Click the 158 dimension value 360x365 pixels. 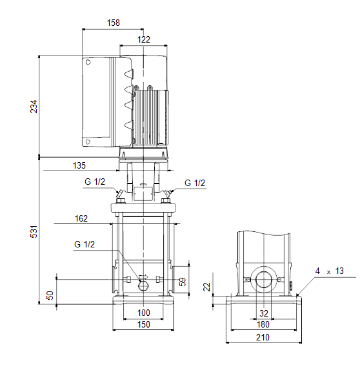coord(114,23)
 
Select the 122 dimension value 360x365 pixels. coord(144,39)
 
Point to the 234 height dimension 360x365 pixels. coord(34,107)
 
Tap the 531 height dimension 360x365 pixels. coord(34,232)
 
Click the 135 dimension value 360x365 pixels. coord(79,165)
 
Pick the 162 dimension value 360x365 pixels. coord(81,218)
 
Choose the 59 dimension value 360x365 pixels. coord(183,282)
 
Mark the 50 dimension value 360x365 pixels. coord(50,295)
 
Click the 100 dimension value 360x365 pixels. coord(144,313)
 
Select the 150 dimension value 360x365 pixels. coord(144,324)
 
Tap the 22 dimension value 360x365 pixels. coord(206,287)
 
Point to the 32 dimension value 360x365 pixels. coord(264,313)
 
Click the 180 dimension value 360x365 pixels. coord(263,324)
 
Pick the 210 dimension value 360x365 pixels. coord(263,337)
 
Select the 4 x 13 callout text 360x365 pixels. coord(329,271)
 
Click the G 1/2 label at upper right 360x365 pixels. coord(195,183)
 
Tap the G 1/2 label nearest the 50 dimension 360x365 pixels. coord(85,244)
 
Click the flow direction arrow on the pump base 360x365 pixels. coord(143,277)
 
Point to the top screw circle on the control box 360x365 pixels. coord(88,62)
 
